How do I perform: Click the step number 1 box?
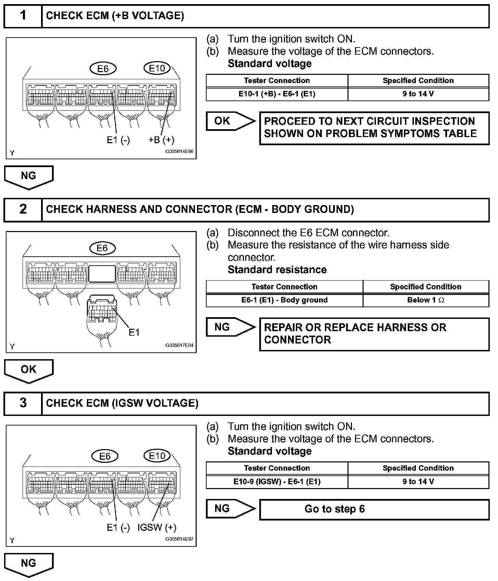[23, 16]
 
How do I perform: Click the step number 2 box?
[23, 210]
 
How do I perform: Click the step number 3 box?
[23, 403]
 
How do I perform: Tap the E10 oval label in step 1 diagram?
[157, 68]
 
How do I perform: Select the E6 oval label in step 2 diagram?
[102, 248]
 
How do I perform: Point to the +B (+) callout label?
[161, 140]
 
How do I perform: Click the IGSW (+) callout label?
[157, 527]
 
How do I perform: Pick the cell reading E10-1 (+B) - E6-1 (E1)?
[277, 94]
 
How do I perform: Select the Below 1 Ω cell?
[425, 300]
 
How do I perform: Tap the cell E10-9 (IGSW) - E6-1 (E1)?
[277, 482]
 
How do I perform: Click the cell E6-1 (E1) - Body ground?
[284, 300]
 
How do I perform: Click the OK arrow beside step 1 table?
[230, 121]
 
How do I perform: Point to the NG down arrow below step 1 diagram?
[29, 177]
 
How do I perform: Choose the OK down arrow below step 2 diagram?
[29, 370]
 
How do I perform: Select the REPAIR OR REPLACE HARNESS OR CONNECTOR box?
[374, 334]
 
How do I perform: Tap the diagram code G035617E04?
[179, 346]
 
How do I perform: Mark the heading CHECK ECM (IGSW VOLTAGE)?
[122, 403]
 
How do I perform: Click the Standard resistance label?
[277, 270]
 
